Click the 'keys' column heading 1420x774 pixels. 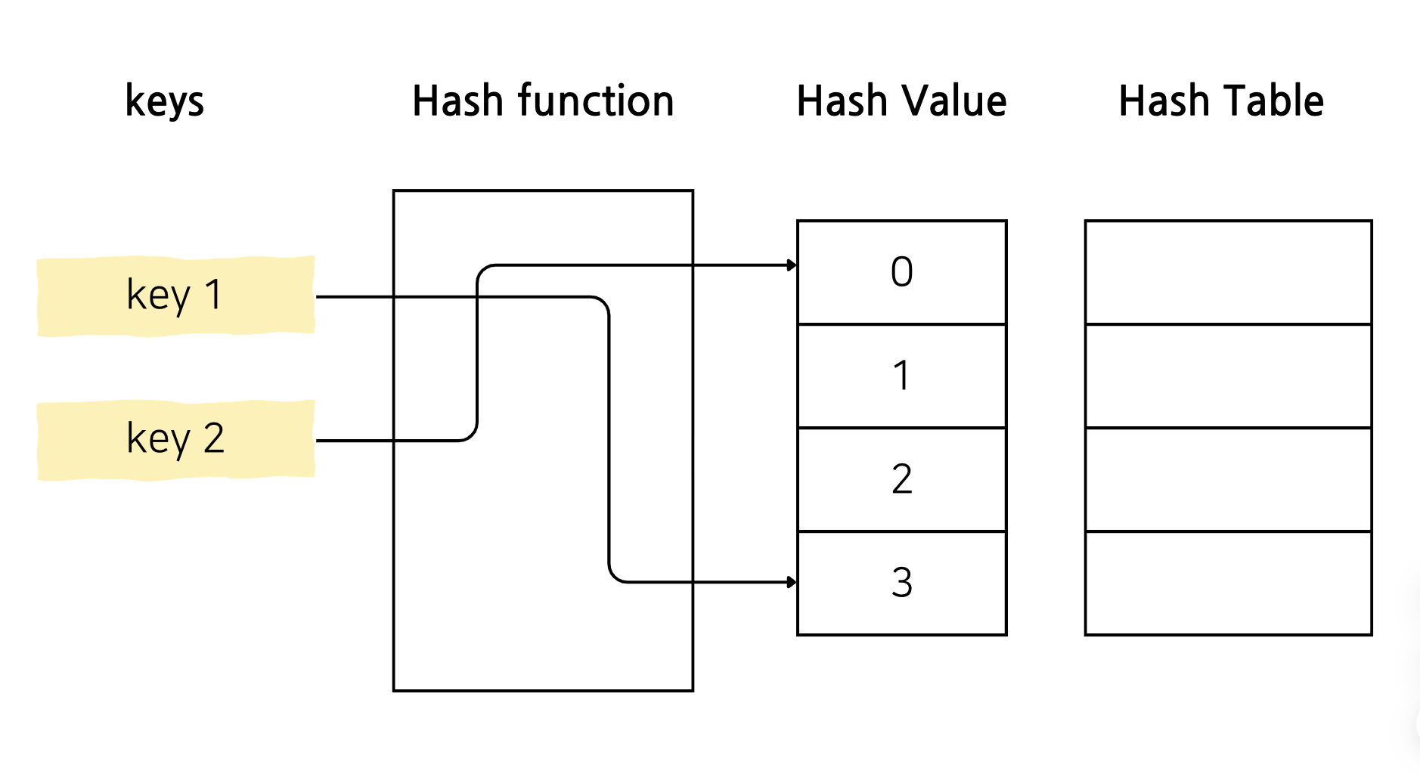[165, 101]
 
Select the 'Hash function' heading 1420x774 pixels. [543, 101]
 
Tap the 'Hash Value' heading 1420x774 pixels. [901, 101]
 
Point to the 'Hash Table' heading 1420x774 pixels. [1221, 101]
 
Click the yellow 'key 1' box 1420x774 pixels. [176, 296]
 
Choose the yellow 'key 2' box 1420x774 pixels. [176, 440]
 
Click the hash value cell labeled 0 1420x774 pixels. [902, 272]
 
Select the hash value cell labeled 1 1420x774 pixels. [902, 376]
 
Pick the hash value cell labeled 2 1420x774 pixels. [902, 479]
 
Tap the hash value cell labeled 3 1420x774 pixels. [902, 583]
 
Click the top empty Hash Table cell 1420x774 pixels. [1229, 272]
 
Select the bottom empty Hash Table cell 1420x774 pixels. [1229, 583]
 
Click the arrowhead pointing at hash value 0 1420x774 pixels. [792, 265]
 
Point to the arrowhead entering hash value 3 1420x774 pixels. [792, 582]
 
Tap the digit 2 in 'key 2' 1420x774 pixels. [214, 438]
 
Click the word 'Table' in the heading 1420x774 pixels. [1274, 101]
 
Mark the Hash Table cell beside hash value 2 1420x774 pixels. [1229, 479]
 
